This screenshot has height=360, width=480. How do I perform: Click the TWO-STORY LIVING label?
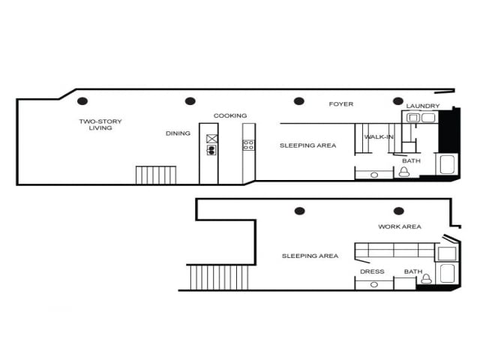(100, 124)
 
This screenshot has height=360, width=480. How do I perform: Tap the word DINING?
(178, 133)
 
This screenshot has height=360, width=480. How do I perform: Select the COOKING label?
(230, 115)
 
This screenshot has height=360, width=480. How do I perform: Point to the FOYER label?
(341, 104)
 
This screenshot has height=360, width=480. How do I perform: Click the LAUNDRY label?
(423, 106)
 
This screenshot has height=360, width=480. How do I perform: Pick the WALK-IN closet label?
(379, 137)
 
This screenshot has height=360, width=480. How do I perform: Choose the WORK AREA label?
(400, 226)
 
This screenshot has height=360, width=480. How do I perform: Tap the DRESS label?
(372, 271)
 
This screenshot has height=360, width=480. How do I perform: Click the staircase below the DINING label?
(157, 175)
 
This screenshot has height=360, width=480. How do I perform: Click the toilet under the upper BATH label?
(404, 172)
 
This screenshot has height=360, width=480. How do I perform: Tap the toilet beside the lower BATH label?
(427, 278)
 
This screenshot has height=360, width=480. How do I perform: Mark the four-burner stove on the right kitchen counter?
(248, 145)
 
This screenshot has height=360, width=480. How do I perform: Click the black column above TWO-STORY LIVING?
(82, 101)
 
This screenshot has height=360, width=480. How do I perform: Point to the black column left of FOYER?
(298, 101)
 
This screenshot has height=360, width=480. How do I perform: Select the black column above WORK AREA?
(398, 211)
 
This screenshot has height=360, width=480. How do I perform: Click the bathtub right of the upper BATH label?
(446, 164)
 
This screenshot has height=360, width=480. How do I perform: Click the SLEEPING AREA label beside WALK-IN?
(307, 145)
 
